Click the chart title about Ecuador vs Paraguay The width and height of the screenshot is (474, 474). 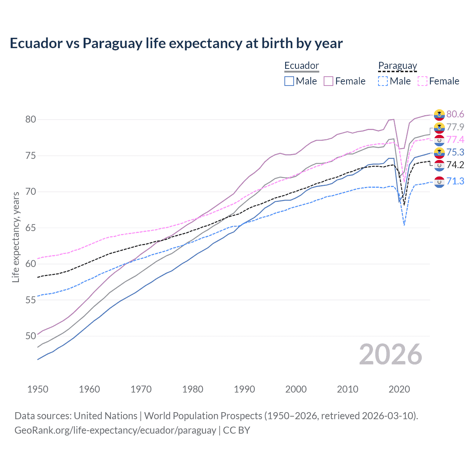click(x=176, y=43)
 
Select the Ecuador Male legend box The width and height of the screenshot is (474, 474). click(x=289, y=81)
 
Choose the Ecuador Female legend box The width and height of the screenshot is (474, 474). click(x=328, y=81)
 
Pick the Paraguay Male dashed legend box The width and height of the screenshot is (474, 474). click(x=383, y=81)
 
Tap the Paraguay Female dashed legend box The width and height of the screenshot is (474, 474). click(x=422, y=81)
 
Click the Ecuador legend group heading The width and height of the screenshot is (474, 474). click(x=301, y=66)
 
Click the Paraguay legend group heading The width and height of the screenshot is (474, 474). click(x=397, y=66)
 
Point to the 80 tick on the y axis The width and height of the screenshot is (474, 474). click(x=31, y=119)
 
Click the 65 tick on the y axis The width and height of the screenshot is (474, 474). click(x=31, y=228)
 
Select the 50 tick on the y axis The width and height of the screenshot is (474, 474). click(x=31, y=336)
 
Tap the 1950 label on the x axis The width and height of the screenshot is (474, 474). click(x=38, y=389)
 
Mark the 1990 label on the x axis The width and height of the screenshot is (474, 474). click(x=244, y=389)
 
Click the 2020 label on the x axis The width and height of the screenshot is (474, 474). click(x=399, y=389)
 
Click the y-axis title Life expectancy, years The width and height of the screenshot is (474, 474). click(x=16, y=237)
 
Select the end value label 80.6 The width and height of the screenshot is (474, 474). click(x=455, y=114)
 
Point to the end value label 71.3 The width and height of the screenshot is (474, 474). click(x=455, y=181)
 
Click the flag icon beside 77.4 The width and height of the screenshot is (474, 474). click(x=439, y=140)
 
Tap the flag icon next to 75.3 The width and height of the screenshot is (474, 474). click(x=439, y=153)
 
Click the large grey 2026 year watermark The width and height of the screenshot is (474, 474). click(x=391, y=354)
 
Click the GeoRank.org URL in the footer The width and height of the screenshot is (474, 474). click(x=115, y=430)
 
